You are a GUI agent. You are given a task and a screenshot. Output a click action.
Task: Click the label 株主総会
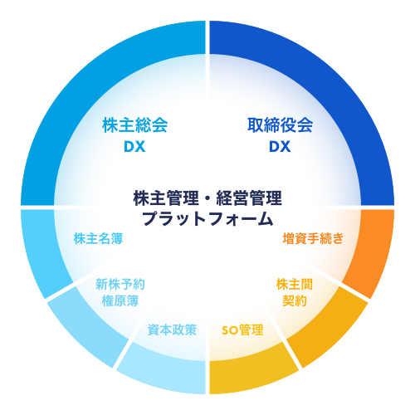coord(134,125)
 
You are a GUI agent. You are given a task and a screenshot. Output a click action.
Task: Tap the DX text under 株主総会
coord(134,147)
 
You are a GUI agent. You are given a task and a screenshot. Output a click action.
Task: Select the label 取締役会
coord(280,125)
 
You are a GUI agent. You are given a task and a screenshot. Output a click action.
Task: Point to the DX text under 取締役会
coord(280,147)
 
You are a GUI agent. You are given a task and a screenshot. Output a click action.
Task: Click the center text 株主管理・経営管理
coord(207,198)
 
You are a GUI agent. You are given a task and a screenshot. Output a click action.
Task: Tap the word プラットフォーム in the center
coord(207,218)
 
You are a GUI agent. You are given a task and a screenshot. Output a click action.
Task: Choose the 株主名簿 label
coord(98,238)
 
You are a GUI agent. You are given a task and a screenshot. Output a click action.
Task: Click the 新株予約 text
coord(120,284)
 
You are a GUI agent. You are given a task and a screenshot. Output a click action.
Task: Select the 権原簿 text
coord(120,300)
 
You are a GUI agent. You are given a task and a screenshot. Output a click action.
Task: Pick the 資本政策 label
coord(172,330)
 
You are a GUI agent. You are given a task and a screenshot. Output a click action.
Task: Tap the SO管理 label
coord(242,330)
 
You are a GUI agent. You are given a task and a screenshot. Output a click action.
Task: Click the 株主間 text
coord(295,284)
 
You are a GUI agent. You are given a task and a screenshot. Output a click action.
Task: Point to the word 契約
coord(295,300)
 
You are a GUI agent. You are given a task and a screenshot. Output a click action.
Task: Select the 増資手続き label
coord(313,238)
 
